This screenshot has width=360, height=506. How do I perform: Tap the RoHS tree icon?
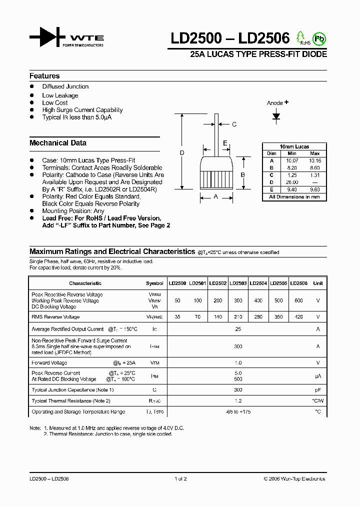tap(301, 37)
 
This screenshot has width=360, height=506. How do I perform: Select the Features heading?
tap(44, 76)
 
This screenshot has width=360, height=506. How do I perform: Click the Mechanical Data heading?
tap(58, 143)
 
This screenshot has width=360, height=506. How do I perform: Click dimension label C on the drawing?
tap(234, 124)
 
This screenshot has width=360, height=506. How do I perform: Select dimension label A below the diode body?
tap(216, 197)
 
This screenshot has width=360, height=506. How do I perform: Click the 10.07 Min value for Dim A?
tap(292, 161)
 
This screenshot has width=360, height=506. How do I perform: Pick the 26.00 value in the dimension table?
tap(292, 182)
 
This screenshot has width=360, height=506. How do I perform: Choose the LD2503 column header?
tap(238, 283)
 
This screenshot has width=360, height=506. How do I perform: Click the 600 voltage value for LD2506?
tap(298, 301)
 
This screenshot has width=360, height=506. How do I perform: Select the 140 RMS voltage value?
tap(217, 317)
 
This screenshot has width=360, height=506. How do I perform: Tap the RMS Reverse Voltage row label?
tap(55, 317)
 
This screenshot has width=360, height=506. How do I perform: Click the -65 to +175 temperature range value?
tap(238, 412)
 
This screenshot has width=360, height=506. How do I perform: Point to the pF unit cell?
tap(317, 389)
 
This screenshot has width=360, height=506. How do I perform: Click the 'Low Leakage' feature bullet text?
tap(60, 95)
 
